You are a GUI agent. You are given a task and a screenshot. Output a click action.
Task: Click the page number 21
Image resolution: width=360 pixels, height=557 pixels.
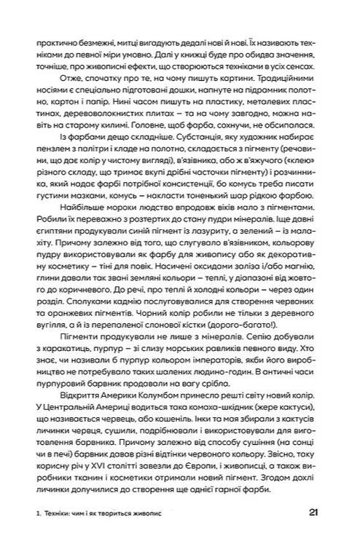[313, 512]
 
